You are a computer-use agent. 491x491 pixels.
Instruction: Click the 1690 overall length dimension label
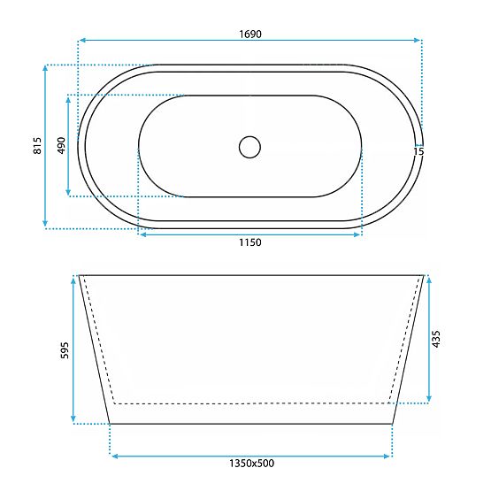(249, 35)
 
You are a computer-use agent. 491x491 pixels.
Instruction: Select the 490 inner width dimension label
(61, 146)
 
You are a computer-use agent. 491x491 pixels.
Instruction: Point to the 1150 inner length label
(249, 245)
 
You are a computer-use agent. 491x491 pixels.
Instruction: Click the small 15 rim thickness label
(418, 152)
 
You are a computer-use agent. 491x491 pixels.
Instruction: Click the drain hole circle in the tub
(250, 146)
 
